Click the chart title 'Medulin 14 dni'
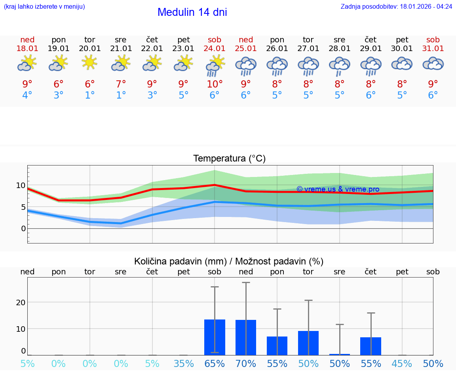coord(192,12)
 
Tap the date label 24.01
coord(215,49)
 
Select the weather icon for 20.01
coord(90,63)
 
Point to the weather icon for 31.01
coord(433,63)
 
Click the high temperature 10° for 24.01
coord(215,84)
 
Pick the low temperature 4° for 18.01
coord(27,95)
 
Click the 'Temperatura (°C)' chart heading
coord(229,159)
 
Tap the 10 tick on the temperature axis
coord(21,185)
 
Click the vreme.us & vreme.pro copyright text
coord(338,189)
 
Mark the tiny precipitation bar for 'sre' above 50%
coord(340,354)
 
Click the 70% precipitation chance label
coord(246,363)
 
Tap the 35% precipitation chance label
coord(184,363)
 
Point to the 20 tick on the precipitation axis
coord(21,302)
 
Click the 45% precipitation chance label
coord(402,363)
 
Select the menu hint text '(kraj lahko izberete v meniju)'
coord(44,7)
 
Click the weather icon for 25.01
coord(246,66)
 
